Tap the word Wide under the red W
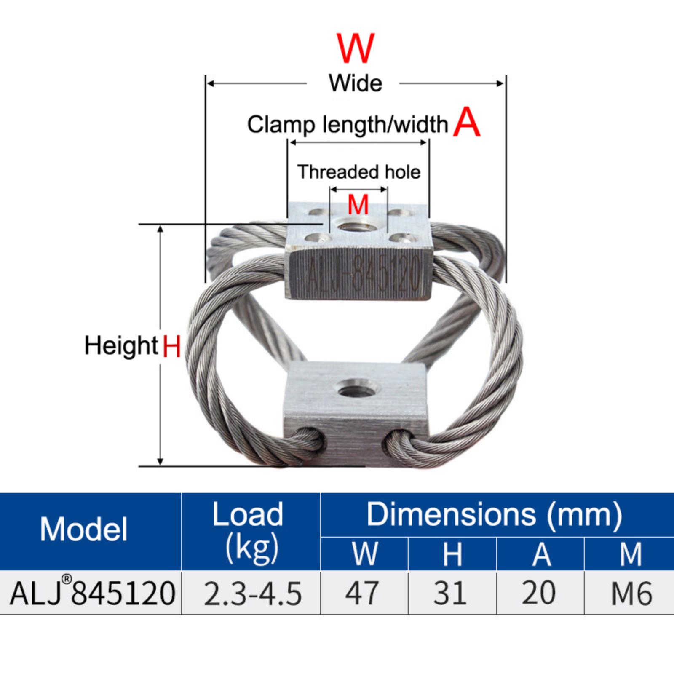tap(356, 83)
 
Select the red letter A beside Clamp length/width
tap(467, 122)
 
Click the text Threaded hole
tap(359, 172)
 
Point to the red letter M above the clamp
tap(358, 205)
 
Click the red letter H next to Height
tap(171, 346)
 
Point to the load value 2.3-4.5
tap(253, 593)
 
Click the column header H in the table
tap(452, 554)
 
